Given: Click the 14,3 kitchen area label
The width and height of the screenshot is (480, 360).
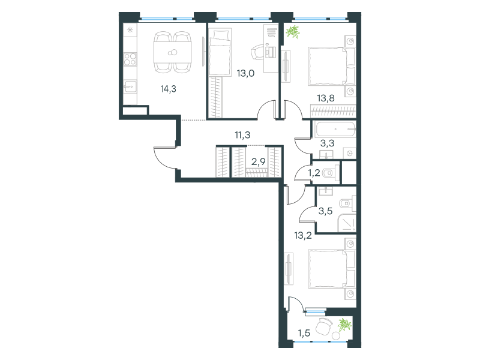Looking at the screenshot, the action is tap(169, 89).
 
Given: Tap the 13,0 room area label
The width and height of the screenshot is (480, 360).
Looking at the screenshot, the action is tap(245, 73).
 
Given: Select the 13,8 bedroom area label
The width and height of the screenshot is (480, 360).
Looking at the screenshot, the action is tap(326, 98).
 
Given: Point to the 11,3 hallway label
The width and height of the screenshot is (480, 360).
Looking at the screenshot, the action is tap(242, 134).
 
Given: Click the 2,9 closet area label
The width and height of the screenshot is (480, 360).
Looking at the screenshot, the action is tap(259, 161).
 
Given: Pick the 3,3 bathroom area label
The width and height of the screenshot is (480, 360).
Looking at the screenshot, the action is tap(327, 143).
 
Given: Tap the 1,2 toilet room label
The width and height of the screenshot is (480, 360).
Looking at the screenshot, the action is tap(314, 173).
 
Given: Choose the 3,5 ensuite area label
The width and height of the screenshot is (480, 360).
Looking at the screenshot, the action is tap(325, 211).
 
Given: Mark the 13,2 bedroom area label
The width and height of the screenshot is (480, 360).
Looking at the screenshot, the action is tap(303, 235).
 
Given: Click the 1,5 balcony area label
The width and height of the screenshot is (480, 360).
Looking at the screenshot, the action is tap(304, 333).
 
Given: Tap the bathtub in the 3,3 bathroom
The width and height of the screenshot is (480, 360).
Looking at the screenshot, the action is tap(335, 129).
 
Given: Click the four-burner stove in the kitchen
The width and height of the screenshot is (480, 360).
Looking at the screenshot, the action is tap(130, 59).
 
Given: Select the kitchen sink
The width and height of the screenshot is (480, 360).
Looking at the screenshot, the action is tap(130, 86).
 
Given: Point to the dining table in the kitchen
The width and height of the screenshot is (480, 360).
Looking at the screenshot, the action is tap(173, 52).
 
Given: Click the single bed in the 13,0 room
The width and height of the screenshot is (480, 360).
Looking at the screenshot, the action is tap(220, 52).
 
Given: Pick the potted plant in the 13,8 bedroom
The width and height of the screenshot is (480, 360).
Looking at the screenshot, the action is tap(293, 32).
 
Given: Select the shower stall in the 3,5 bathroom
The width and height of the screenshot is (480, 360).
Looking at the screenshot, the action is tap(347, 223).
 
